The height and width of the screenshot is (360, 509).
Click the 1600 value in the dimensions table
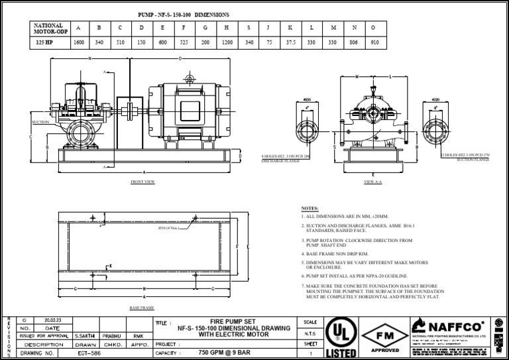tap(79, 41)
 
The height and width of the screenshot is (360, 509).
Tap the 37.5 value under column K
tap(290, 41)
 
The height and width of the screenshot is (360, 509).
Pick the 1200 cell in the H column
tap(227, 41)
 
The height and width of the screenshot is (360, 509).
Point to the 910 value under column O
tap(375, 41)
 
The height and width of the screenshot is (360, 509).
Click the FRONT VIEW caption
tap(142, 181)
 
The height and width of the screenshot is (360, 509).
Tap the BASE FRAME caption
tap(142, 308)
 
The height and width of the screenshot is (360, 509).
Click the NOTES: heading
tap(310, 208)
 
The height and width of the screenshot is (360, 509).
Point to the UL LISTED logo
tap(341, 338)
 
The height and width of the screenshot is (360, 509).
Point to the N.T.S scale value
tap(310, 333)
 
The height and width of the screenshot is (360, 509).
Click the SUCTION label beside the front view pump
tap(40, 123)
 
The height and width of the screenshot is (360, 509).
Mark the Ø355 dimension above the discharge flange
tap(306, 99)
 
